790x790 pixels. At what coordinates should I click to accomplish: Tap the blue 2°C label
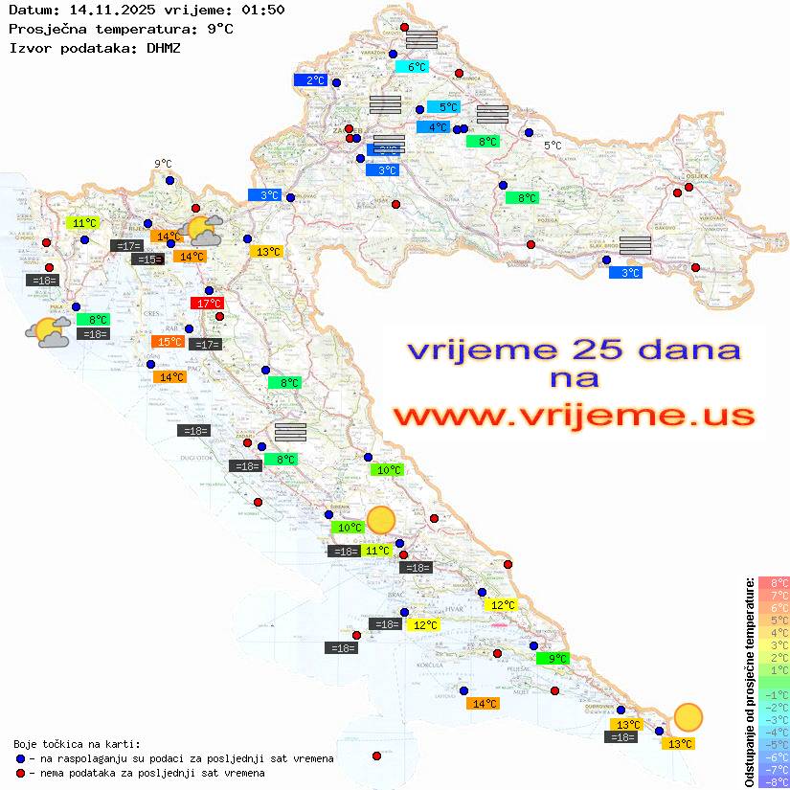click(x=311, y=80)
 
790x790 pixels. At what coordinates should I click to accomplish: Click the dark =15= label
click(x=147, y=260)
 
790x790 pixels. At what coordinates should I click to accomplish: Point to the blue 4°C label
click(x=433, y=127)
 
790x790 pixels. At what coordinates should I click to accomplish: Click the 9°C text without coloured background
click(x=163, y=164)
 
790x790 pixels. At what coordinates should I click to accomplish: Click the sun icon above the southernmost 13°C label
click(x=687, y=716)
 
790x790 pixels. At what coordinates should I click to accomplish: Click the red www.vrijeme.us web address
click(x=573, y=416)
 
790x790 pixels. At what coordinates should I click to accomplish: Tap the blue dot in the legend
click(x=21, y=758)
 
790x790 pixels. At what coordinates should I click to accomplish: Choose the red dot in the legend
click(x=21, y=773)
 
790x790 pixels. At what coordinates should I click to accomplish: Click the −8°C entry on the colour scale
click(x=774, y=781)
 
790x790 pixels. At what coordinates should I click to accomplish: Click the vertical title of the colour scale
click(x=749, y=682)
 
